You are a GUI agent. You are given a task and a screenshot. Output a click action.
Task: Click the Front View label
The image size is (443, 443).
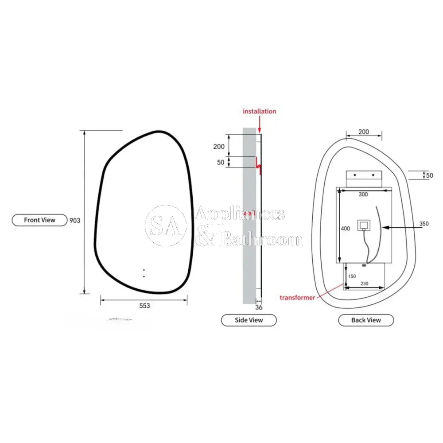(39, 220)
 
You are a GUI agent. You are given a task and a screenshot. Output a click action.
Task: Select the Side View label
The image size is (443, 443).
(249, 320)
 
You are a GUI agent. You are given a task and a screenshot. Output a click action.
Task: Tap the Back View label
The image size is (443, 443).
(366, 320)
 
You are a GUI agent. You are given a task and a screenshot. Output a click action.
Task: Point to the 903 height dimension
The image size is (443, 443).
(75, 220)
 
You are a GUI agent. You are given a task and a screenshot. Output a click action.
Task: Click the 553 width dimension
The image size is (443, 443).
(144, 306)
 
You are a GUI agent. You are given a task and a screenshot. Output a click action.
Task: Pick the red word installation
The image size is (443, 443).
(259, 111)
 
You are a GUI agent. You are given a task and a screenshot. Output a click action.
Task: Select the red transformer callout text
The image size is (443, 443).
(297, 297)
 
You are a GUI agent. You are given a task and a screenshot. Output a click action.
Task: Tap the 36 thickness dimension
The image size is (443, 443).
(259, 307)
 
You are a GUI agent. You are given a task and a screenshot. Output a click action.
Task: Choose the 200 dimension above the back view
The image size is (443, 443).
(363, 132)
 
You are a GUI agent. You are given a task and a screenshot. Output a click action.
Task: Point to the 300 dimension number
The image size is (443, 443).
(363, 194)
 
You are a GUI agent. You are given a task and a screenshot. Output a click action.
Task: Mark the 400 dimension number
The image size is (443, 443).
(346, 229)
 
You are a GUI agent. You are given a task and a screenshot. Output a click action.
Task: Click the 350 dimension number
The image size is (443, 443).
(424, 224)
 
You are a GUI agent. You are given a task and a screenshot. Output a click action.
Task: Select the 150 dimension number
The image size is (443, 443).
(352, 276)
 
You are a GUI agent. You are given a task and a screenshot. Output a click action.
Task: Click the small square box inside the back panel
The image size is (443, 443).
(364, 226)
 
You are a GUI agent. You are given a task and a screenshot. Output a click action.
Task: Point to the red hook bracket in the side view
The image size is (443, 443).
(259, 165)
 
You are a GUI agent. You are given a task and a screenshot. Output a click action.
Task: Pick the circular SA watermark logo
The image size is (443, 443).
(166, 225)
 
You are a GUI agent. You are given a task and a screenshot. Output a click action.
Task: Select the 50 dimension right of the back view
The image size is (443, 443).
(429, 175)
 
